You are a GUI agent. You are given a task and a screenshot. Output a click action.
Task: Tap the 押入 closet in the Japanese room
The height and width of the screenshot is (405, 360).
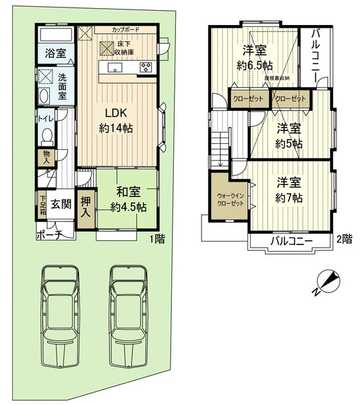[x=87, y=207]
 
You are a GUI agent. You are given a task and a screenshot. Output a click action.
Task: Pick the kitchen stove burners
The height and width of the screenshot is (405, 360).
[x=145, y=69]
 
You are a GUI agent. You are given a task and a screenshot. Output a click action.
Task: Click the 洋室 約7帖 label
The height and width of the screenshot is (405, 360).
[x=289, y=191]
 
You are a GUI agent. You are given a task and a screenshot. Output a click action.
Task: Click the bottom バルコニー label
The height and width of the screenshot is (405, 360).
[x=291, y=242]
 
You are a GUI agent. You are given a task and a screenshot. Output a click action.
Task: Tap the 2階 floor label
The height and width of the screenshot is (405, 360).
[x=344, y=238]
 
